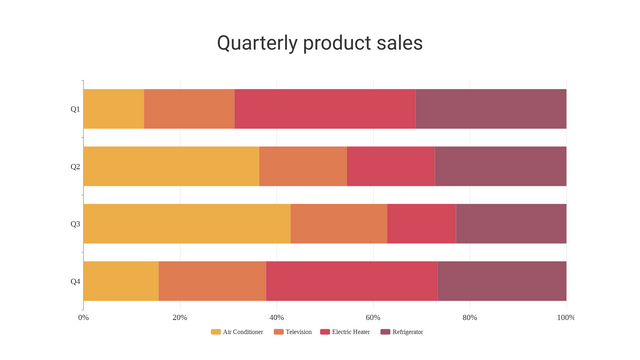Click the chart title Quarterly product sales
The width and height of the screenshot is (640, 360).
[320, 43]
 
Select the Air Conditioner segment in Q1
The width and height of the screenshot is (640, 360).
[113, 108]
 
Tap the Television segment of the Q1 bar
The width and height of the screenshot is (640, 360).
[189, 108]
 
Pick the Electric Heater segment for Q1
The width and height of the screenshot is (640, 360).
[325, 108]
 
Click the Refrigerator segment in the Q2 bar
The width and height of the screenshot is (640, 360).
[500, 166]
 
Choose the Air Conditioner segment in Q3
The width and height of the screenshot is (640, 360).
[187, 223]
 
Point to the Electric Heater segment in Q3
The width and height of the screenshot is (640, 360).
[421, 223]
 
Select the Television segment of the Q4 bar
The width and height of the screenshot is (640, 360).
[212, 281]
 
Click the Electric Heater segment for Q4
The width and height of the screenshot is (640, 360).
[352, 281]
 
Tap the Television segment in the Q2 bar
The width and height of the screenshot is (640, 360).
[303, 166]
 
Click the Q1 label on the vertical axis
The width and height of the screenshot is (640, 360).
[75, 108]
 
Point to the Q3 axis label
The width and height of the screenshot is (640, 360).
[75, 223]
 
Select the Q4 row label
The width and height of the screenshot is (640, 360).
[75, 281]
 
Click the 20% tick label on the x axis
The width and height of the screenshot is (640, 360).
[180, 317]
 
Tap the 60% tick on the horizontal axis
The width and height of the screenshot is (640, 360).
[373, 317]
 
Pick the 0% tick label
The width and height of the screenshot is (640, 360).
[83, 317]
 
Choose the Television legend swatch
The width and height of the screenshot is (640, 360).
[279, 332]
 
